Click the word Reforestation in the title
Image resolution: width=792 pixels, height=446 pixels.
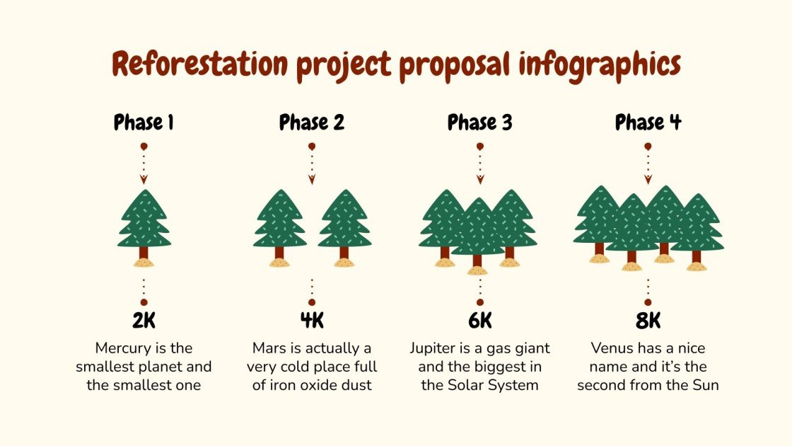(200, 64)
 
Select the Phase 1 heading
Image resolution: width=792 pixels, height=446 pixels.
(144, 122)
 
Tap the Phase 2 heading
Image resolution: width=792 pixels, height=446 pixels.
(312, 122)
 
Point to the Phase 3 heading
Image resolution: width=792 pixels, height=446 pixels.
(480, 122)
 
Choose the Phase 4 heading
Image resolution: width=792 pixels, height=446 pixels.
(648, 122)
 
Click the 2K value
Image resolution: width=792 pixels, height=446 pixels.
(144, 321)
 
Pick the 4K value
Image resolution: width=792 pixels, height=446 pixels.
(312, 321)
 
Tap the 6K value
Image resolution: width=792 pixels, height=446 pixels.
(480, 321)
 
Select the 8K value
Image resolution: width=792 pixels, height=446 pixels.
(648, 321)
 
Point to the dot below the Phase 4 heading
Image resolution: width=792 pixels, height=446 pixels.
(648, 146)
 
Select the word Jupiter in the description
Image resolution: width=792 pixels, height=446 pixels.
(431, 348)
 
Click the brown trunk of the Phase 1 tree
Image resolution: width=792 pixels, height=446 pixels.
(144, 253)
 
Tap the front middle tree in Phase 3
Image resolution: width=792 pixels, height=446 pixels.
(477, 230)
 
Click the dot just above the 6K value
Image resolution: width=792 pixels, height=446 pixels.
(480, 302)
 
